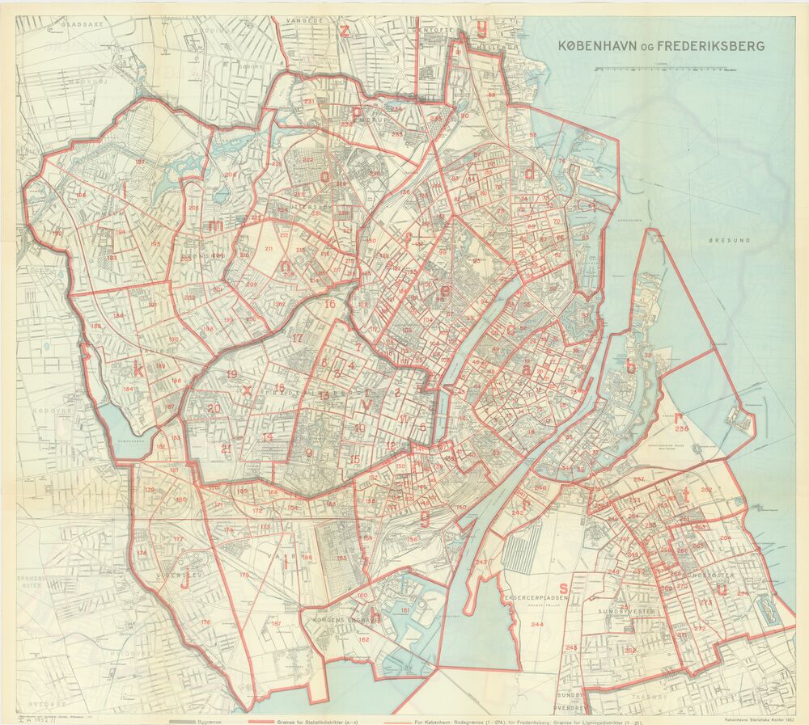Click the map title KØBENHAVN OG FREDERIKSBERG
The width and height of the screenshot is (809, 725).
tap(661, 46)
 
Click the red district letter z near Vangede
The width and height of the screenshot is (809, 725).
tap(345, 32)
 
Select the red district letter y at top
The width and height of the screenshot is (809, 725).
tap(481, 31)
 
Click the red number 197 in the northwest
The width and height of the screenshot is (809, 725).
tap(140, 162)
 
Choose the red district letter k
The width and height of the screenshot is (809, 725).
tap(138, 371)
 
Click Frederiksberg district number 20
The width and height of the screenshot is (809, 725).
tap(213, 409)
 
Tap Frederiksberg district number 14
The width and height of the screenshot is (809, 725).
tap(267, 437)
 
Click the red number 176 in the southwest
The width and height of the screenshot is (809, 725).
tap(205, 622)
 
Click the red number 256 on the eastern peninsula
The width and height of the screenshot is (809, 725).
tap(682, 428)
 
